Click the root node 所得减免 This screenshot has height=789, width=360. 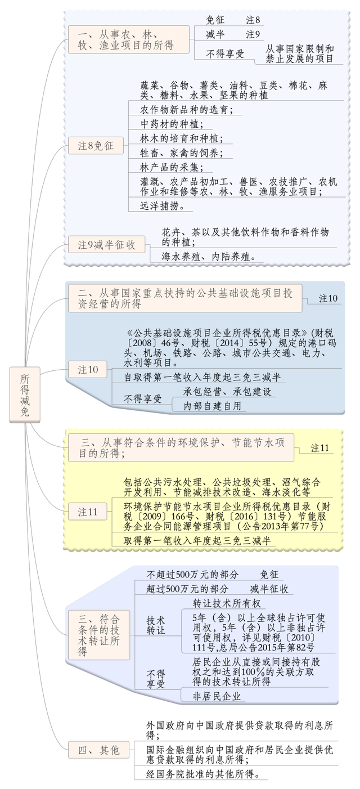(x=25, y=394)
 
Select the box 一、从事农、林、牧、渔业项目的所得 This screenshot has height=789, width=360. (x=129, y=39)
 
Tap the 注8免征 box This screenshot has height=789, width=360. (x=96, y=145)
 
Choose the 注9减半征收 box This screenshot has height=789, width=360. (x=107, y=244)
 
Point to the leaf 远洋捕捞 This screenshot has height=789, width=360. (x=162, y=206)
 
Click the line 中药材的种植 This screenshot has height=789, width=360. (x=172, y=124)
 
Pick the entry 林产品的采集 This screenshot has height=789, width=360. (x=172, y=167)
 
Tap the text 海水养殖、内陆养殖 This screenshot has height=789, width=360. (x=209, y=257)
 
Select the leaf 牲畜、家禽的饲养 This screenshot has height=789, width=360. (x=181, y=153)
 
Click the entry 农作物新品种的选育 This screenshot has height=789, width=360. (x=187, y=110)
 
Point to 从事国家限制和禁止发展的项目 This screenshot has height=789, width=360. (x=299, y=53)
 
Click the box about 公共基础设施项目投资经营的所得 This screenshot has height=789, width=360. (x=185, y=298)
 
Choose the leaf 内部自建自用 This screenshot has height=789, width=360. (x=212, y=406)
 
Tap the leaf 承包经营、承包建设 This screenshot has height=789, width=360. (x=227, y=392)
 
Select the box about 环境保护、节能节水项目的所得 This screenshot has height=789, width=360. (x=181, y=447)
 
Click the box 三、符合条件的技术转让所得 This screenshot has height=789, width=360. (x=99, y=635)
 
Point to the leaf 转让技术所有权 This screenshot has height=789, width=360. (x=227, y=603)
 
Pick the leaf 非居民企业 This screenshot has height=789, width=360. (x=217, y=696)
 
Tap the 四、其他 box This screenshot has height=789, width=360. (x=99, y=750)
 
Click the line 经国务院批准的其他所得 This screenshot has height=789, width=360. (x=204, y=774)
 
